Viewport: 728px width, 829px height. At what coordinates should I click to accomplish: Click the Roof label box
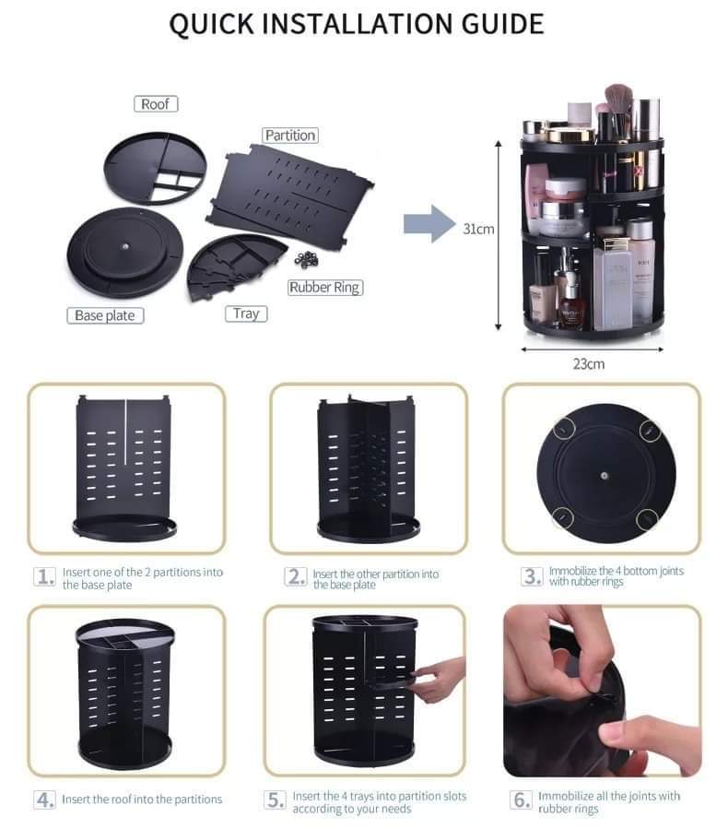tap(156, 104)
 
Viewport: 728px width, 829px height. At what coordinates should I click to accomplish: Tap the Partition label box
tap(289, 136)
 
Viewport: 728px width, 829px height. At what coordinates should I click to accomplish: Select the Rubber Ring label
tap(324, 288)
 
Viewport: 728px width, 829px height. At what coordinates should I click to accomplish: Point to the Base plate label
tap(105, 315)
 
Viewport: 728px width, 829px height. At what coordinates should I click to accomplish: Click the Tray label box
tap(245, 314)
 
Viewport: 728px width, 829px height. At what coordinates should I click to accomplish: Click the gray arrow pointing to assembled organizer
tap(429, 224)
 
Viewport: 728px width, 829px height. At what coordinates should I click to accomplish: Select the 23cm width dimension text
tap(588, 363)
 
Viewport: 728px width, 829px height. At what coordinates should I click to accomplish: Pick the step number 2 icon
tap(296, 577)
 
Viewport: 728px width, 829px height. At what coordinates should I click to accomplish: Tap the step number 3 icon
tap(532, 576)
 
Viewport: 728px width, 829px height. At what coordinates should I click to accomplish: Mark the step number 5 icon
tap(276, 799)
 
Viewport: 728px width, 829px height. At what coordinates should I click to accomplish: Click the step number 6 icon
tap(522, 799)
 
